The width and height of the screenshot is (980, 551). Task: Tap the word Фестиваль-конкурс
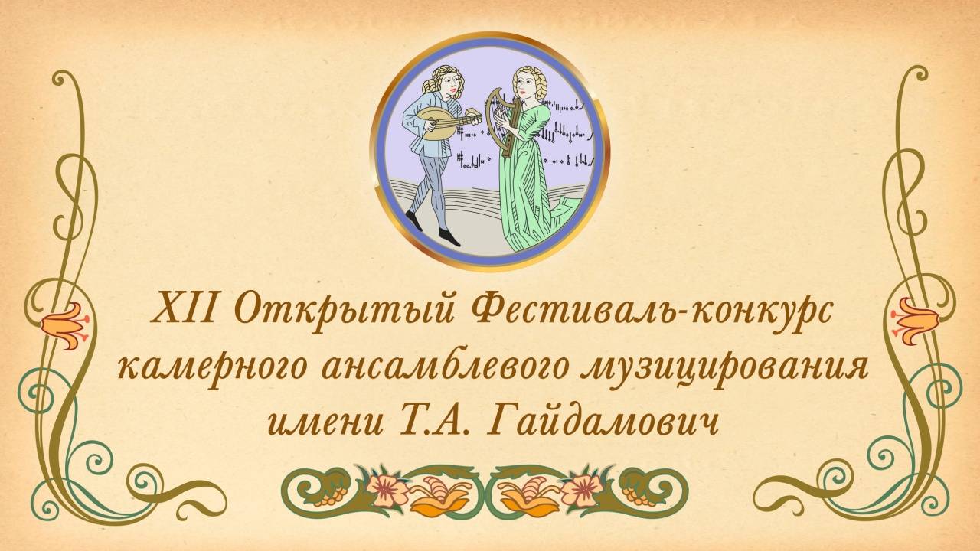point(639,314)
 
